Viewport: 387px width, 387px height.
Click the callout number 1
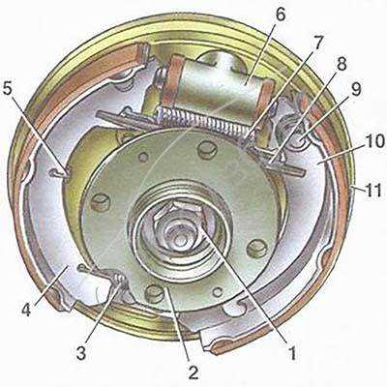click(292, 353)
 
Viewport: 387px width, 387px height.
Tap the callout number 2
click(193, 372)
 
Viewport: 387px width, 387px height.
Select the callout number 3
click(81, 352)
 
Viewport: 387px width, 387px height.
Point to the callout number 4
click(26, 309)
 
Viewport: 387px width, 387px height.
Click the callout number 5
click(10, 89)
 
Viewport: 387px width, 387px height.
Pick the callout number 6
click(281, 15)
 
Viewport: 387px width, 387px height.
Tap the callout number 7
click(318, 44)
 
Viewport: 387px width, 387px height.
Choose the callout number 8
click(341, 64)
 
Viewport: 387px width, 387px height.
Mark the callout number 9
click(356, 90)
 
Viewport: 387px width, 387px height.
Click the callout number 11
click(373, 190)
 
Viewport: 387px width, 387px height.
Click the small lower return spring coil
click(119, 278)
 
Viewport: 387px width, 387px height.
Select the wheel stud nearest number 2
click(154, 293)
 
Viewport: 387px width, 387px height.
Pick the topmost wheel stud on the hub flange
click(207, 149)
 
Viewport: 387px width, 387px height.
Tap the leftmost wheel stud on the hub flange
click(101, 202)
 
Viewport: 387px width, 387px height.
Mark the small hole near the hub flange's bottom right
click(218, 292)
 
